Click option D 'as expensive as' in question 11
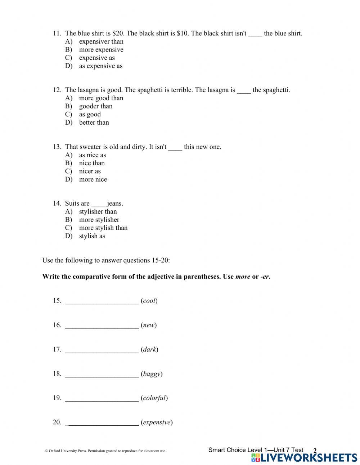[x=100, y=66]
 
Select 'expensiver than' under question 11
[x=101, y=41]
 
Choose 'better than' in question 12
[x=94, y=122]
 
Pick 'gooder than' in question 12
[x=95, y=106]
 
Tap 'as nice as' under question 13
[x=93, y=155]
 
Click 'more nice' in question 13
[x=93, y=179]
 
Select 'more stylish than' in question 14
[x=103, y=228]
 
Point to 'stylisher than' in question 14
[x=98, y=212]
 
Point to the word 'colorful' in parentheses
[x=154, y=398]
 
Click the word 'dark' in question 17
[x=149, y=349]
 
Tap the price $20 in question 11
[x=118, y=33]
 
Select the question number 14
[x=57, y=204]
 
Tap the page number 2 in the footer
[x=315, y=451]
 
